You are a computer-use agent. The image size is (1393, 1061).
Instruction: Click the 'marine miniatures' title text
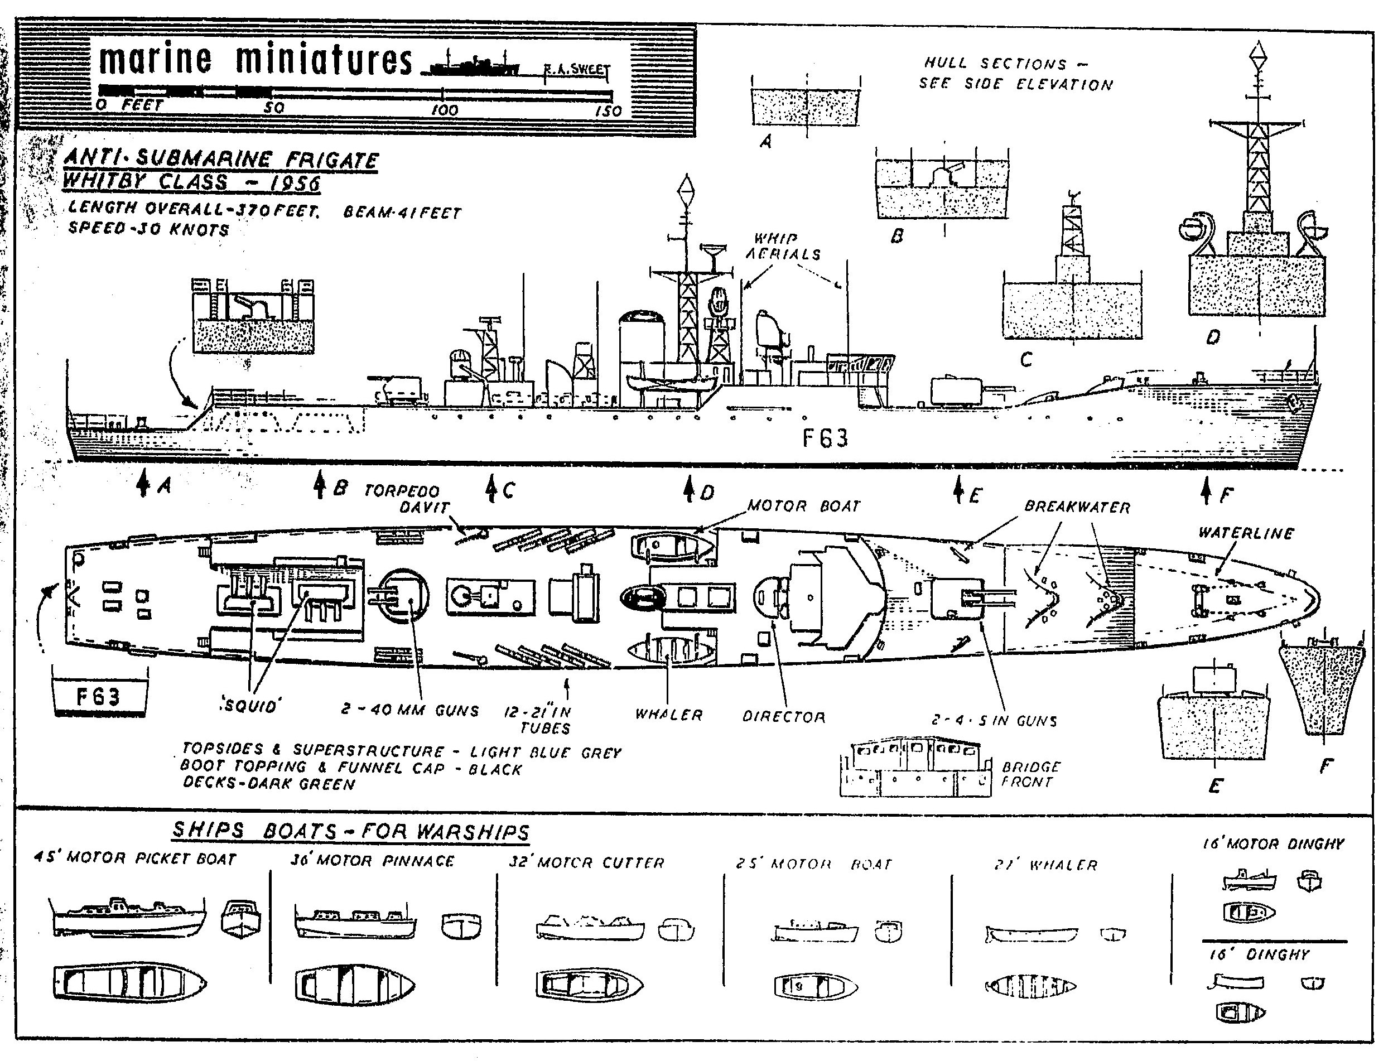255,60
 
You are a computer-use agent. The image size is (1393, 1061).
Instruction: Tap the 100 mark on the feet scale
444,110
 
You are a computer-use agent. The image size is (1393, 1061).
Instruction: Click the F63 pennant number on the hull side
825,438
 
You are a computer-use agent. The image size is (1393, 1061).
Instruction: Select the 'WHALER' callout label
669,715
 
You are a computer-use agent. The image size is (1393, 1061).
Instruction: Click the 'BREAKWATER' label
1077,507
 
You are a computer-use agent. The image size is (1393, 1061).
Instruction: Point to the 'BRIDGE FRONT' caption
1030,774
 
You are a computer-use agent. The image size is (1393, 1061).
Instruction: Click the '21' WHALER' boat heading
1045,865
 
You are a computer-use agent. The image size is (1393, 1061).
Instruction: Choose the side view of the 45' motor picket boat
128,917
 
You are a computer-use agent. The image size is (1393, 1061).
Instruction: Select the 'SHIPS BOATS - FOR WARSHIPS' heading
350,831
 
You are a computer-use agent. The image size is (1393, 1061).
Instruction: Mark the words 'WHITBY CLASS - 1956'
191,182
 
